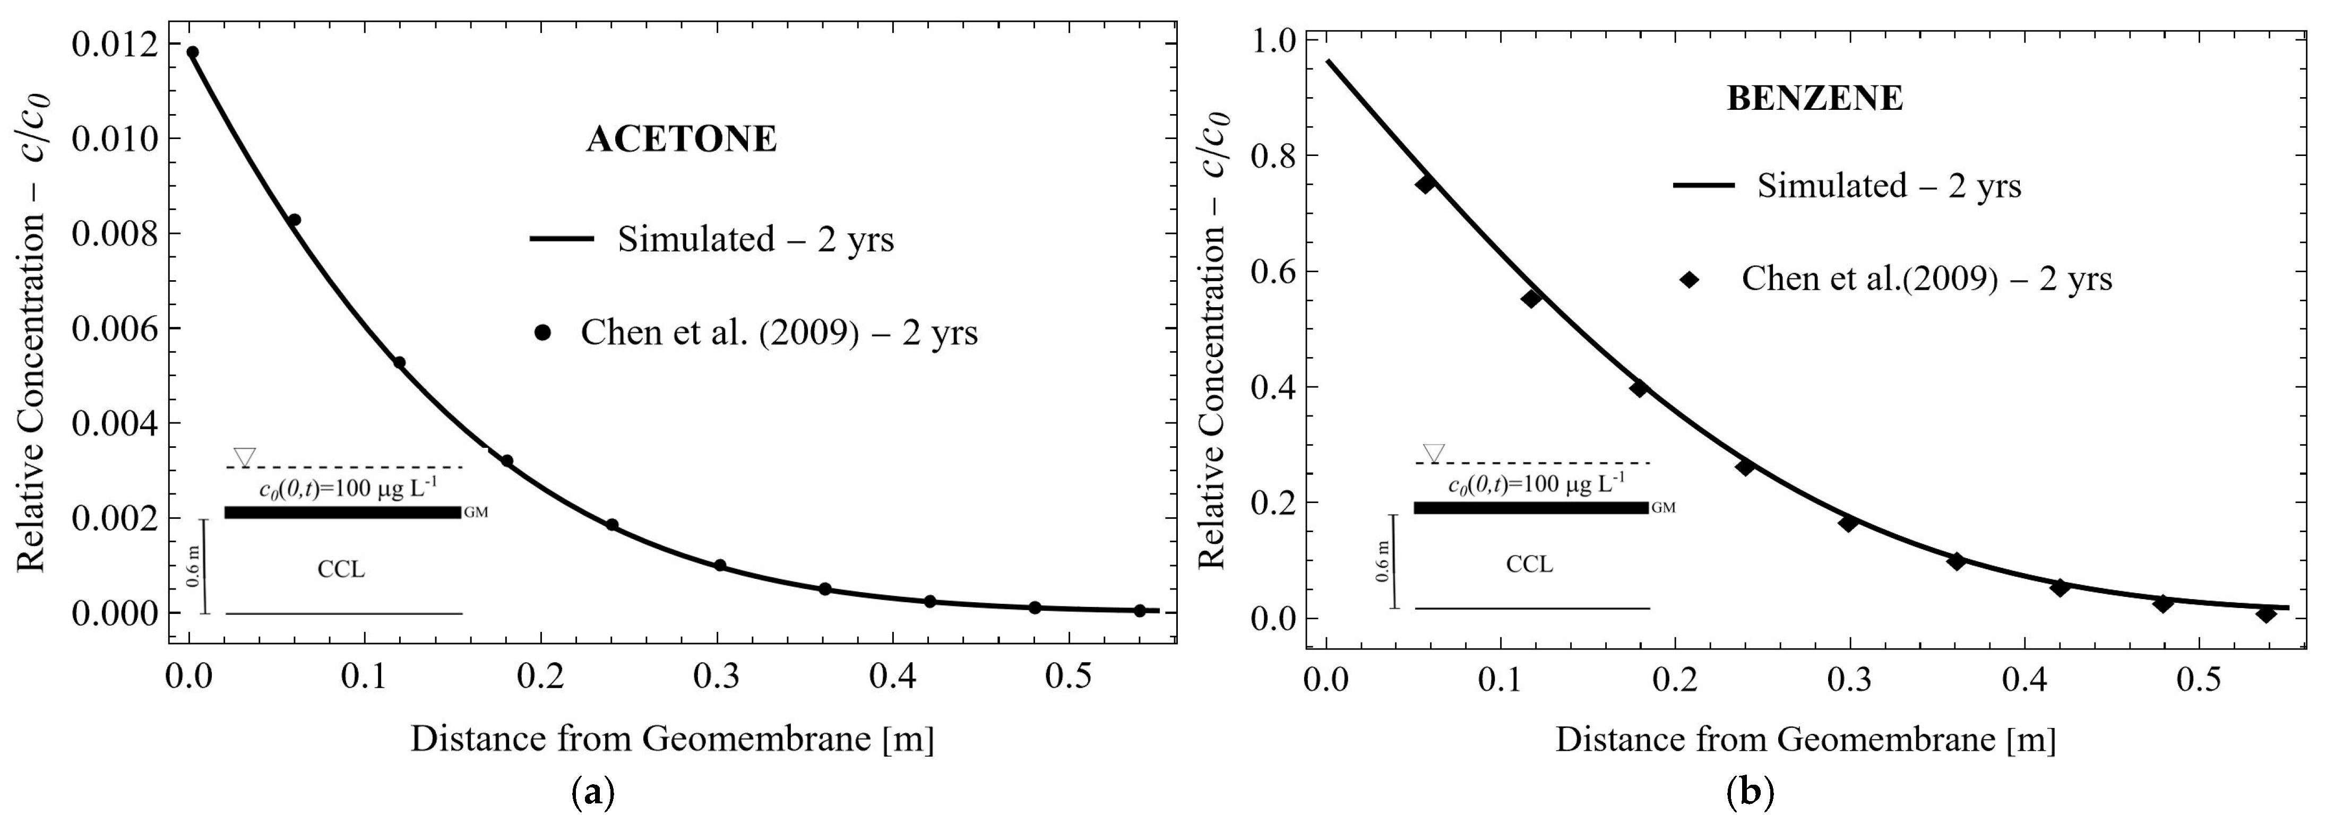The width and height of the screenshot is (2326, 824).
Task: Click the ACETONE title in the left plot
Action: pyautogui.click(x=682, y=139)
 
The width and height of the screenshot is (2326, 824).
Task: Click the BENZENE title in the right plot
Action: pyautogui.click(x=1815, y=98)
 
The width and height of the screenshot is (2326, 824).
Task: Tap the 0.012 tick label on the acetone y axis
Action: pyautogui.click(x=113, y=44)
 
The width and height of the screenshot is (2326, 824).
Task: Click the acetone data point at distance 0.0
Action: pyautogui.click(x=192, y=53)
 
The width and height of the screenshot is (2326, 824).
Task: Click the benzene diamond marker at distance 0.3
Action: pyautogui.click(x=1848, y=523)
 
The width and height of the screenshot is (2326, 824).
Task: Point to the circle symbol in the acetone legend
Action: pyautogui.click(x=542, y=333)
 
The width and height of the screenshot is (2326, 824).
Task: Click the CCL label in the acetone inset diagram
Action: pyautogui.click(x=341, y=569)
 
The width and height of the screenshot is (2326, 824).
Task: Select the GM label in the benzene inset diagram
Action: pyautogui.click(x=1663, y=508)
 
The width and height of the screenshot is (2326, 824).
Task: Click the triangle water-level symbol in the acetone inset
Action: pyautogui.click(x=244, y=456)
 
